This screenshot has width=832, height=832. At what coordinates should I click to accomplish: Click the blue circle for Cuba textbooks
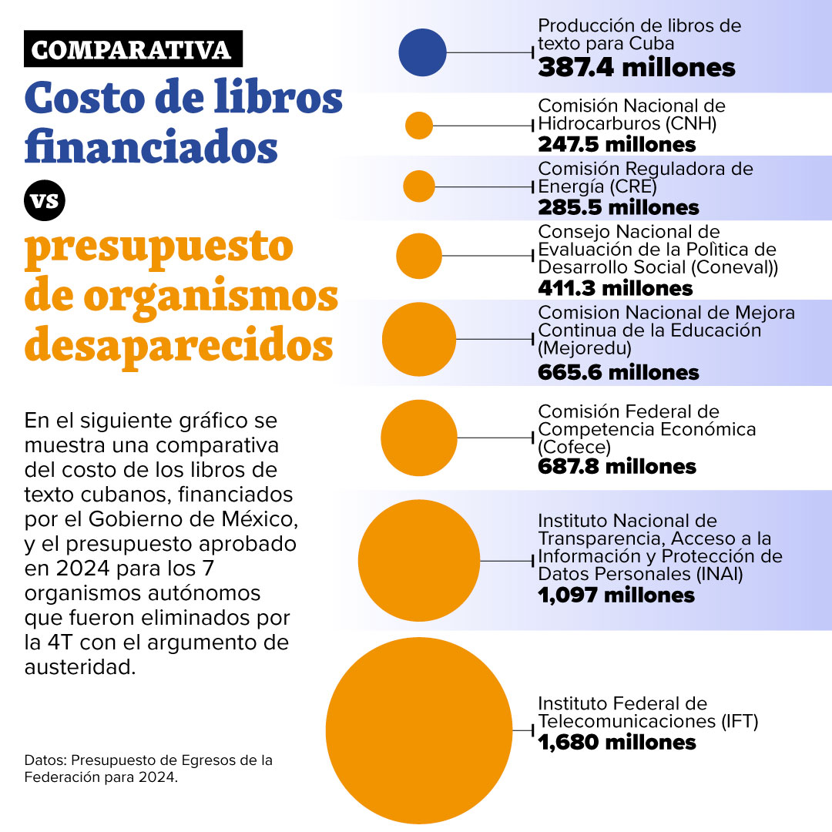pos(422,52)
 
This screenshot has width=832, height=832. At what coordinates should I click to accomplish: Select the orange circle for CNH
pos(419,125)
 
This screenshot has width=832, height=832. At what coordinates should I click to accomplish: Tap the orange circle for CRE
pos(419,186)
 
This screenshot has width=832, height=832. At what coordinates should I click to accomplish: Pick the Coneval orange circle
pos(419,256)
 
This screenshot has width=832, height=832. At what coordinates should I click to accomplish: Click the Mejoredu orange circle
pos(419,339)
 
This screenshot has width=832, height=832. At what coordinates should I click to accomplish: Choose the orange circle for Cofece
pos(419,438)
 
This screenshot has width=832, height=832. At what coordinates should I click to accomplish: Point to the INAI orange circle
pos(419,561)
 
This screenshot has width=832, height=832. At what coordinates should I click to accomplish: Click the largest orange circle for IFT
pos(419,730)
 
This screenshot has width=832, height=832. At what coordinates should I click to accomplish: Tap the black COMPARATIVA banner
pos(133,49)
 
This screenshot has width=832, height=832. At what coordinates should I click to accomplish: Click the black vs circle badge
pos(45,201)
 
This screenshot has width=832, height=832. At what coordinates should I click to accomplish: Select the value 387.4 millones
pos(636,68)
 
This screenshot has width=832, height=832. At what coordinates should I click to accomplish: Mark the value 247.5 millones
pos(617,144)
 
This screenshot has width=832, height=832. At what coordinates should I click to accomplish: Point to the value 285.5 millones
pos(619,207)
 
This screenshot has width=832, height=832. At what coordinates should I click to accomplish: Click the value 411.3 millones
pos(616,288)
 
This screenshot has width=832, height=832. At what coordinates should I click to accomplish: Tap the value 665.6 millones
pos(619,373)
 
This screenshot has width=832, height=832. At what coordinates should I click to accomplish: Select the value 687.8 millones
pos(617,467)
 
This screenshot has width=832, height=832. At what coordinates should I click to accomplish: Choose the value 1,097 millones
pos(616,595)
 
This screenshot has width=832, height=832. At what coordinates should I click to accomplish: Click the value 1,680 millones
pos(617,743)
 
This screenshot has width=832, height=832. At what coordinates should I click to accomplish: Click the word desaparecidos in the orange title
pos(179,345)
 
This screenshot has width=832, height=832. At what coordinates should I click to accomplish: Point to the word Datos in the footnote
pos(42,760)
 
